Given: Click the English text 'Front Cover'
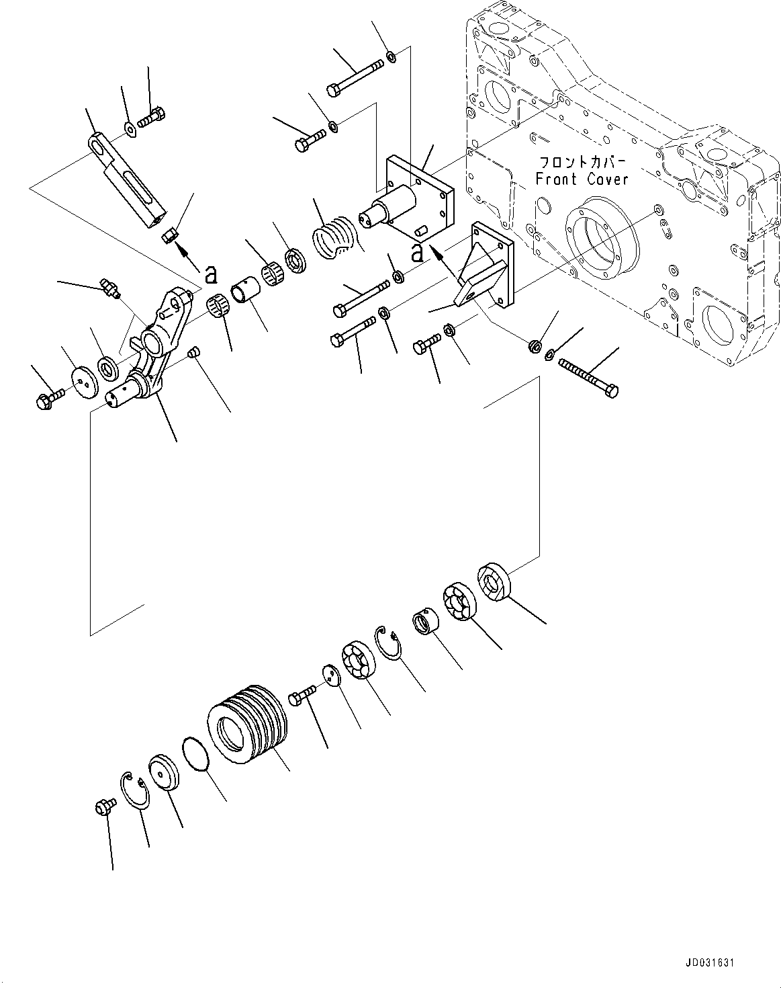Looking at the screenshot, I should tap(582, 179).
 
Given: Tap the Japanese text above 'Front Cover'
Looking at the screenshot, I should tap(582, 163).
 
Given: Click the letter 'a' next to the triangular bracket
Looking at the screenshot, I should tap(418, 253).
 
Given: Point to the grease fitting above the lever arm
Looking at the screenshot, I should tap(108, 286).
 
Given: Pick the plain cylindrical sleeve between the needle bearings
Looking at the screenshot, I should tap(243, 294).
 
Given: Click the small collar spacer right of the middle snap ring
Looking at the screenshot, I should tap(425, 620).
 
